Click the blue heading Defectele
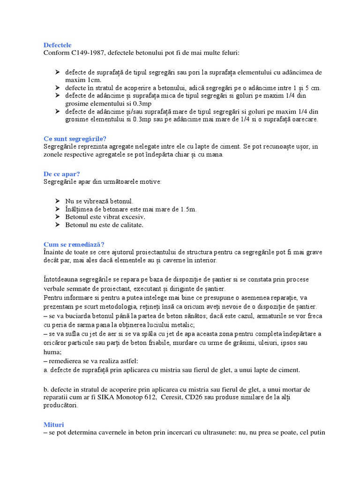(57, 45)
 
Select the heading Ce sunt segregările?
(75, 139)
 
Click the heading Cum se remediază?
(74, 244)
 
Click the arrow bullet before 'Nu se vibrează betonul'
(57, 201)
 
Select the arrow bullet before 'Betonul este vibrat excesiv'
(57, 217)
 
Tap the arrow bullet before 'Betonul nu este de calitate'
(57, 225)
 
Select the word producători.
(61, 405)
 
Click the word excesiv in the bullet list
(133, 217)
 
